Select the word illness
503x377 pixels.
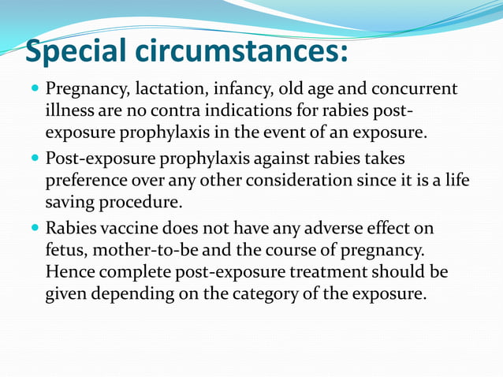(69, 110)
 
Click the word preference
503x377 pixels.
(86, 181)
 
